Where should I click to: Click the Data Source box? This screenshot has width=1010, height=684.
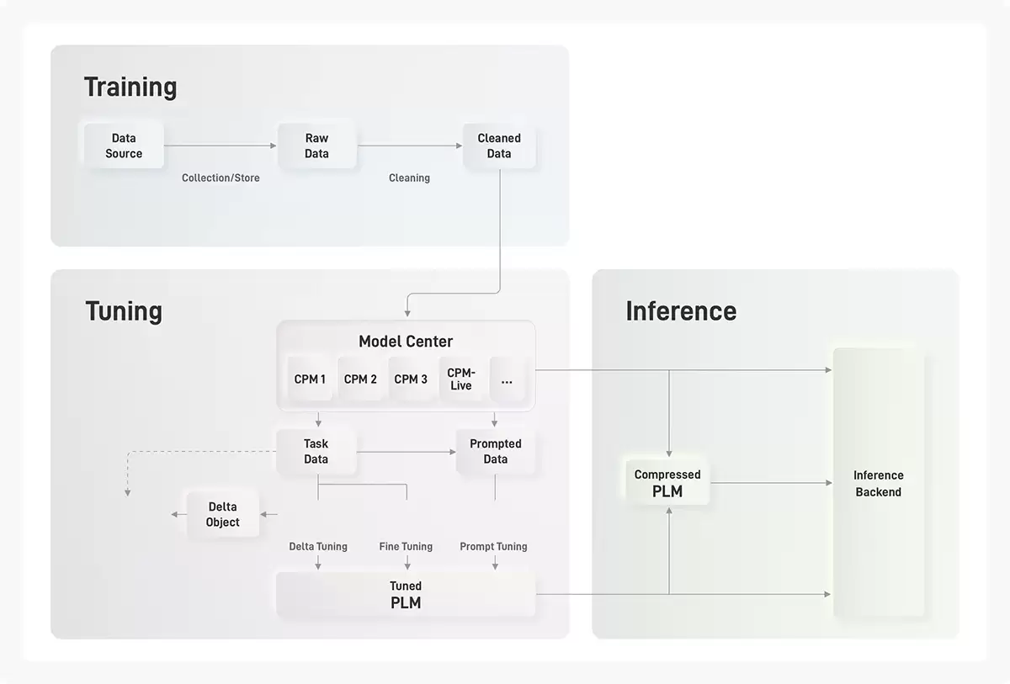tap(124, 146)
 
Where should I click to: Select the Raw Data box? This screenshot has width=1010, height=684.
tap(317, 146)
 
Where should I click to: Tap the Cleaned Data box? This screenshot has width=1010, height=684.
tap(499, 146)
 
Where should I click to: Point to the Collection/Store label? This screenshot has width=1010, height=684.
tap(221, 178)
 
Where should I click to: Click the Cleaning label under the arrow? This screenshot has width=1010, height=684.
tap(409, 178)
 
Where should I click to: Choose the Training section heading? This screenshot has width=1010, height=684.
tap(130, 87)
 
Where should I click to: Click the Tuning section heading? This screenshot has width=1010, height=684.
tap(124, 311)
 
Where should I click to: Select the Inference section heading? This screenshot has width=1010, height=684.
tap(681, 311)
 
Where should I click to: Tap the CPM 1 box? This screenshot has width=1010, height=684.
tap(310, 379)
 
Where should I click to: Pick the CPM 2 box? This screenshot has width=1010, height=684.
tap(360, 379)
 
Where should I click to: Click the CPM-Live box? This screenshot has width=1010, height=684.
tap(461, 379)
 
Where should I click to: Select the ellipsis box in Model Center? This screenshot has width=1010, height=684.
tap(508, 379)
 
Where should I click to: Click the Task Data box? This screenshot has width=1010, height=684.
tap(316, 452)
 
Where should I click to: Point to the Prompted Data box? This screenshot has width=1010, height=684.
tap(496, 452)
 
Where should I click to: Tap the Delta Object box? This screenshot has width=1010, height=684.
tap(223, 514)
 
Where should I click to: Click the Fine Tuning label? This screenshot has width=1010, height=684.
tap(406, 547)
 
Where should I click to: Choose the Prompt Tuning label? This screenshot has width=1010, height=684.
tap(493, 547)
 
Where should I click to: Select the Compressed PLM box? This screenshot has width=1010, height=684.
tap(667, 483)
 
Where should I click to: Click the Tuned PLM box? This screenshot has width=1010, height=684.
tap(406, 594)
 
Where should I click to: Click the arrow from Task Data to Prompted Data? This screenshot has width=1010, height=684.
tap(407, 452)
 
